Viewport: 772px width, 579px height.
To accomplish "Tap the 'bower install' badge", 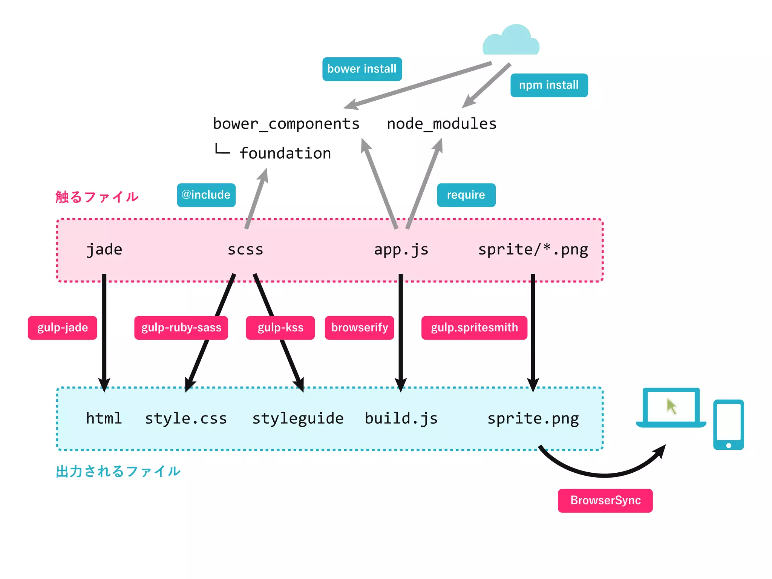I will coord(362,69).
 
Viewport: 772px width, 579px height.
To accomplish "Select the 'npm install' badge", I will coord(549,85).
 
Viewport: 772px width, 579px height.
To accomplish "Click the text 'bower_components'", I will coord(286,124).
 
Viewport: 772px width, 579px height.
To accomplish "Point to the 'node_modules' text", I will coord(441,124).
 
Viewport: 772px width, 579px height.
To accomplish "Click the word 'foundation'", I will coord(285,153).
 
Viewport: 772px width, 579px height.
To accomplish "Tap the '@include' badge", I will coord(206,195).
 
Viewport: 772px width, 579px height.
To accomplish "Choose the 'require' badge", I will coord(466,195).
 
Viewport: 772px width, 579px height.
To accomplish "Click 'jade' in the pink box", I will coord(104,250).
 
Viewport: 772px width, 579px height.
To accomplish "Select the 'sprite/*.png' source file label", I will coord(533,250).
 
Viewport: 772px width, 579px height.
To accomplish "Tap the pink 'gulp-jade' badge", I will coord(63,328).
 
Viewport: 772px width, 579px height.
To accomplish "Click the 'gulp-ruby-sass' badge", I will coord(181,328).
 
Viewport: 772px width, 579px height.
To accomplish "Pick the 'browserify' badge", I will coord(359,328).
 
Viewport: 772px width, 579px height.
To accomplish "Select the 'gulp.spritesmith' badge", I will coord(474,328).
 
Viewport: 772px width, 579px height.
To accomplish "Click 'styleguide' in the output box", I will coord(298,418).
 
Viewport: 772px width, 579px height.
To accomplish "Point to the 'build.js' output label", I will coord(401,418).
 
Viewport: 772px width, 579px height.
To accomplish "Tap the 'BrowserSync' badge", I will coord(605,500).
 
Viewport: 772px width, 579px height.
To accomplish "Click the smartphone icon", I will coord(728,424).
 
